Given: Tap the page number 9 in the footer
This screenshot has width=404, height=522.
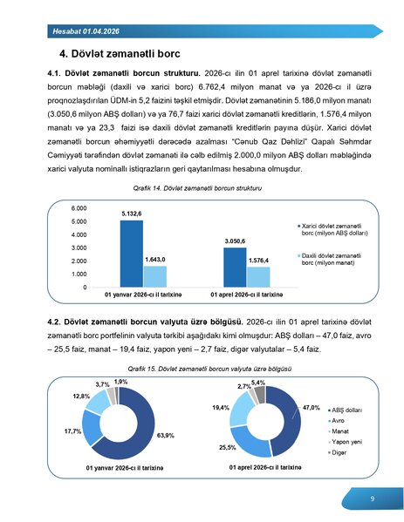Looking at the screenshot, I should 372,498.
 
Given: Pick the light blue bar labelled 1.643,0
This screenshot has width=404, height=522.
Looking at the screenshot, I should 154,276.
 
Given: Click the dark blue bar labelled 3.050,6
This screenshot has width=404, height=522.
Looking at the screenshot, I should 235,267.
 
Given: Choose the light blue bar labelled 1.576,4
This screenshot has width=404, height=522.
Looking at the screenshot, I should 257,276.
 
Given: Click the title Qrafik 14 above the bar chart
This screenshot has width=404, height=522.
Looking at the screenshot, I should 202,188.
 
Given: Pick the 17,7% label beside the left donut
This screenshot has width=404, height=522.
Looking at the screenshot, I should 73,430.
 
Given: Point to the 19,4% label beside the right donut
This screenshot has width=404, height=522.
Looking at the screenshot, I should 221,408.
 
